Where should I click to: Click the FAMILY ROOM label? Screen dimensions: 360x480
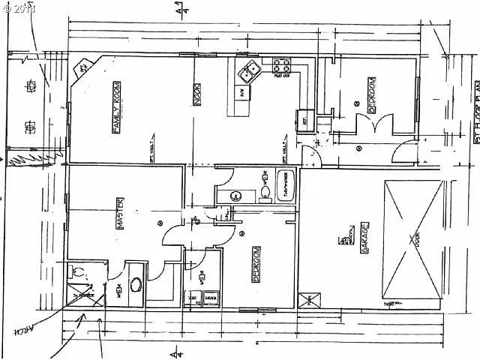(117, 107)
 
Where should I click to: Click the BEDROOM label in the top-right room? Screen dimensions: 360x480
(371, 95)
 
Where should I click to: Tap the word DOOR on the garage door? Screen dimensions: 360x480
(415, 241)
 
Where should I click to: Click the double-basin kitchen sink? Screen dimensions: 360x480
(249, 72)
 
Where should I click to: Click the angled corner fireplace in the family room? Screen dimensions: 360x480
(82, 69)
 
